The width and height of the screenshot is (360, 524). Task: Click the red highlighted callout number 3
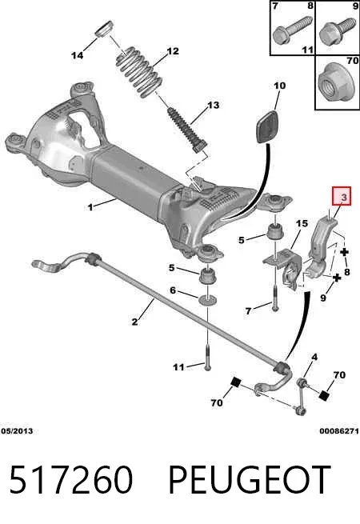pos(344,198)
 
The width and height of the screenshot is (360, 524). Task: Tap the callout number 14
pos(78,55)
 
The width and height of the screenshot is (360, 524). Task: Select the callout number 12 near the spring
pos(173,51)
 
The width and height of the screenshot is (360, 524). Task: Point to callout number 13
pos(213,105)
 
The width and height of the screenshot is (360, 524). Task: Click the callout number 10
pos(279,86)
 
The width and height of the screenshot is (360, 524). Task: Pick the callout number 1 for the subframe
pos(90,207)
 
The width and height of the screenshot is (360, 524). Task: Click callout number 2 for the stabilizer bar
pos(134,322)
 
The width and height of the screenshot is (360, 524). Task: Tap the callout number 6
pos(173,290)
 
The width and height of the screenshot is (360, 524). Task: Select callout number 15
pos(302,223)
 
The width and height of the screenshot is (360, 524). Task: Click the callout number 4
pos(314,358)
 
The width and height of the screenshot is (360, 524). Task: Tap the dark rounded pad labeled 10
pos(268,127)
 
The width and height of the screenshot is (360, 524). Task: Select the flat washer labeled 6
pos(207,299)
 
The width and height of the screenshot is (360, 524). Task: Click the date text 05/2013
pos(17,431)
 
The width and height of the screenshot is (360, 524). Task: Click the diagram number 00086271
pos(339,431)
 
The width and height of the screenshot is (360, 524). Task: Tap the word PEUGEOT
pos(250,480)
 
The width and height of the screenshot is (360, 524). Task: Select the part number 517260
pos(71,480)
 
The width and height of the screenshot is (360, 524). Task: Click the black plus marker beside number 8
pos(344,252)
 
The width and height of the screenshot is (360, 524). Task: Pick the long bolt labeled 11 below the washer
pos(207,358)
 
